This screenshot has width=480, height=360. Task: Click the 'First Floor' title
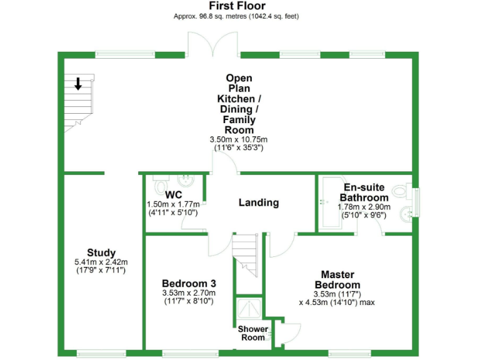tap(239, 6)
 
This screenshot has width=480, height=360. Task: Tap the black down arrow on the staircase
tap(79, 83)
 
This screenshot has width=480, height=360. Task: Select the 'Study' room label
tap(101, 252)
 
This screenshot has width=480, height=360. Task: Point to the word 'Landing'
tap(259, 202)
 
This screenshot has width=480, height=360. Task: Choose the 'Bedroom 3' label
tap(189, 282)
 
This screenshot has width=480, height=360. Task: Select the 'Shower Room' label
tap(253, 333)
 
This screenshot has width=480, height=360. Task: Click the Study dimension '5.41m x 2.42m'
tap(101, 262)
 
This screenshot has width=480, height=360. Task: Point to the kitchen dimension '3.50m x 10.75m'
tap(239, 139)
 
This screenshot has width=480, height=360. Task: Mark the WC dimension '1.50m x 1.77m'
tap(172, 204)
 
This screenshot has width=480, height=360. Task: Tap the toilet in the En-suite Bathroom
tap(401, 189)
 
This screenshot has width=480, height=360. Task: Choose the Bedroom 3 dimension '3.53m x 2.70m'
tap(189, 292)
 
